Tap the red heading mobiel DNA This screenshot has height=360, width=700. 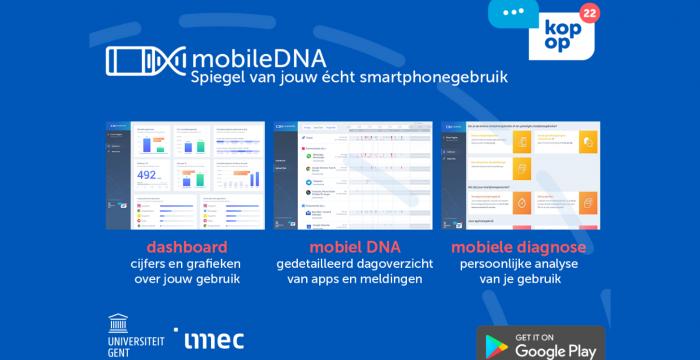tap(351, 247)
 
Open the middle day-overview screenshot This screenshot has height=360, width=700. tap(353, 175)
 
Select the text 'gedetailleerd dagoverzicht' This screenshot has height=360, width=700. tap(352, 265)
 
